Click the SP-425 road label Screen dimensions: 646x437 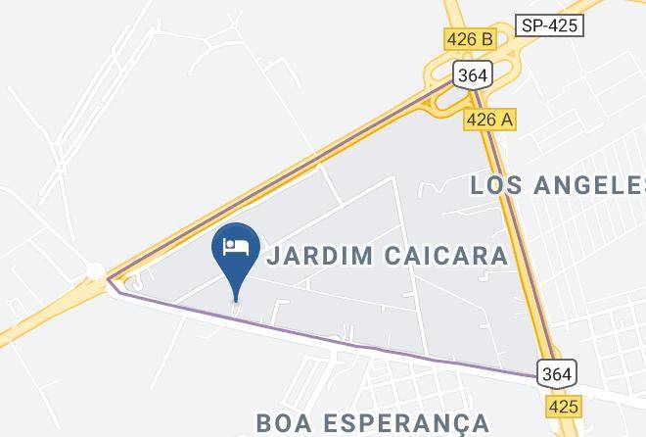pyautogui.click(x=548, y=25)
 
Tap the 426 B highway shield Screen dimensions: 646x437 pyautogui.click(x=470, y=40)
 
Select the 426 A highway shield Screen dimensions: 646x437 pyautogui.click(x=489, y=120)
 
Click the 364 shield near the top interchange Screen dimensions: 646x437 pyautogui.click(x=471, y=75)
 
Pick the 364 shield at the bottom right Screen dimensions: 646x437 pyautogui.click(x=556, y=373)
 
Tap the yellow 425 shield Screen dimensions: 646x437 pyautogui.click(x=563, y=405)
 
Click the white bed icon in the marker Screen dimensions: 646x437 pyautogui.click(x=235, y=246)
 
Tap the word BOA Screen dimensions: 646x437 pyautogui.click(x=284, y=423)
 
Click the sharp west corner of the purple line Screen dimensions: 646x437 pyautogui.click(x=109, y=280)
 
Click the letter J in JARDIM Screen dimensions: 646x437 pyautogui.click(x=274, y=257)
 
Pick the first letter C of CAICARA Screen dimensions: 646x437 pyautogui.click(x=393, y=257)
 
